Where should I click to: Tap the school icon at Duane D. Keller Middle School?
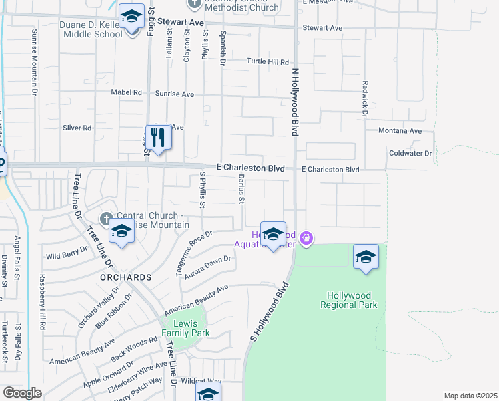(131, 17)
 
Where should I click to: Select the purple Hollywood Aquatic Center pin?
(306, 237)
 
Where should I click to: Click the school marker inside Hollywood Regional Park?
(366, 257)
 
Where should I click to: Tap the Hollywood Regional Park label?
(352, 300)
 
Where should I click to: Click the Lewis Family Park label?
(187, 328)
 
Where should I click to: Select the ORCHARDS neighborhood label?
(126, 277)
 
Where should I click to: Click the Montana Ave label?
(400, 131)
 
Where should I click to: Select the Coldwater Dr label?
(410, 154)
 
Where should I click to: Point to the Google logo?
(22, 393)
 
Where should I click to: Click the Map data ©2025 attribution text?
(470, 396)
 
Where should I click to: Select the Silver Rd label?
(77, 128)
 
